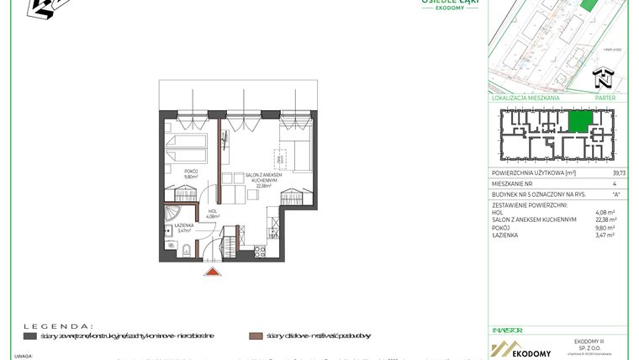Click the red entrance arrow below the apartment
coord(213,271)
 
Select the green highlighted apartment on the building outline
coord(579,122)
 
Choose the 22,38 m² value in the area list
coord(605,220)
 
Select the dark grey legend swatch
coord(29,336)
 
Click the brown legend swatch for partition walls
coord(255,336)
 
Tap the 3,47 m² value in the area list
coord(605,236)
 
